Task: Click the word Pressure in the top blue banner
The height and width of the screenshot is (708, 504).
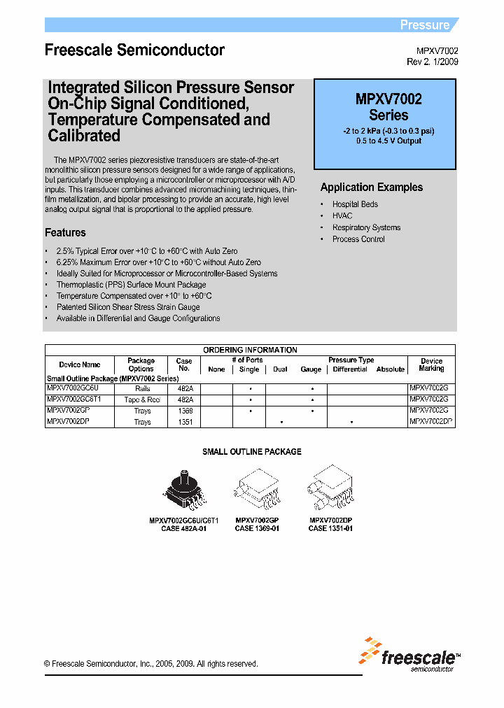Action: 424,25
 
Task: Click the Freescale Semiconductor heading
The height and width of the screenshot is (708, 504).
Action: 134,50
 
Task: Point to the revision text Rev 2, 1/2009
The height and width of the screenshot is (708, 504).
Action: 433,62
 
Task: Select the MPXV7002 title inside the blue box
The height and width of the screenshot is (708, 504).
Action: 388,99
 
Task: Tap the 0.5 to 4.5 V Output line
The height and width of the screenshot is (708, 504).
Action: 388,141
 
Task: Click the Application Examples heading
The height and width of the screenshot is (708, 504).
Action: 371,187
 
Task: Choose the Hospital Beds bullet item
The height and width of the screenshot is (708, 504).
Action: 355,204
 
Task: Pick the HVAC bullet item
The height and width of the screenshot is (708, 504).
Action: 342,216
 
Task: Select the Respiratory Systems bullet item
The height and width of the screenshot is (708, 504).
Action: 366,227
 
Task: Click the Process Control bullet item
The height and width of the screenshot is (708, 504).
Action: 358,239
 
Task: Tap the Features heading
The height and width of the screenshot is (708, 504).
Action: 65,233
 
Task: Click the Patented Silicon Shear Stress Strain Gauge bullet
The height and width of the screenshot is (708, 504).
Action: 127,307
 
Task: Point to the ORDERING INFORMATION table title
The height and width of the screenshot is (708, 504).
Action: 250,350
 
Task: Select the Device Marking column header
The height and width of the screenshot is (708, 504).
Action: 431,364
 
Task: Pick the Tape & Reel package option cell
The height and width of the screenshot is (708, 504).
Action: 142,399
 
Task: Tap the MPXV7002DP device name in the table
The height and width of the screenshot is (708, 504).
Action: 68,422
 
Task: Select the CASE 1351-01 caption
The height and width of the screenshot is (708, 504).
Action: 330,529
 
